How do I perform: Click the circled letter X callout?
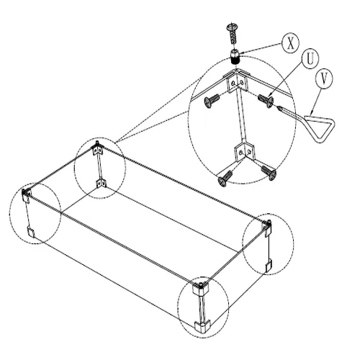pos(290,43)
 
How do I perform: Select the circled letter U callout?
pos(310,59)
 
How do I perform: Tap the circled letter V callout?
pos(324,79)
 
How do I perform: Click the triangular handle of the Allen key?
pos(319,128)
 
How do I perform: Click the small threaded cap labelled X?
pos(235,57)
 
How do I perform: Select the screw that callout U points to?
pos(266,101)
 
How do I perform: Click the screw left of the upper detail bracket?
pos(212,101)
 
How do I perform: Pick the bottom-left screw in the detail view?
pos(225,178)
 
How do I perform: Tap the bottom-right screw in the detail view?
pos(269,172)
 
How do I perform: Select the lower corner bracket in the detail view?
pos(244,152)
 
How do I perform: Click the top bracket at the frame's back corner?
pos(98,149)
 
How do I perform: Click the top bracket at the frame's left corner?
pos(26,196)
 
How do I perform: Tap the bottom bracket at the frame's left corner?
pos(30,231)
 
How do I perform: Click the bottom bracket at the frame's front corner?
pos(202,326)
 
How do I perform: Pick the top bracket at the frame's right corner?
pos(269,227)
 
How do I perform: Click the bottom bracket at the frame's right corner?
pos(269,265)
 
